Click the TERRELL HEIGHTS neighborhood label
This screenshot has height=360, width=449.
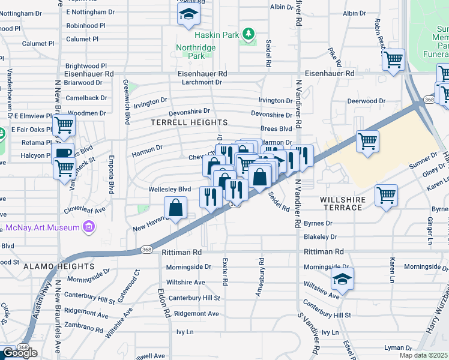[x=179, y=122]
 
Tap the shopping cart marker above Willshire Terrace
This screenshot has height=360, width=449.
[x=386, y=195]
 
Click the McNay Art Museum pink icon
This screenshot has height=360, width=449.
[x=89, y=227]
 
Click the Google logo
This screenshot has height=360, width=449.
[x=20, y=353]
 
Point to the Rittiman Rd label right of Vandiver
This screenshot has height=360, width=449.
[x=324, y=252]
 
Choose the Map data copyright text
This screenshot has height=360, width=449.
[x=423, y=355]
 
